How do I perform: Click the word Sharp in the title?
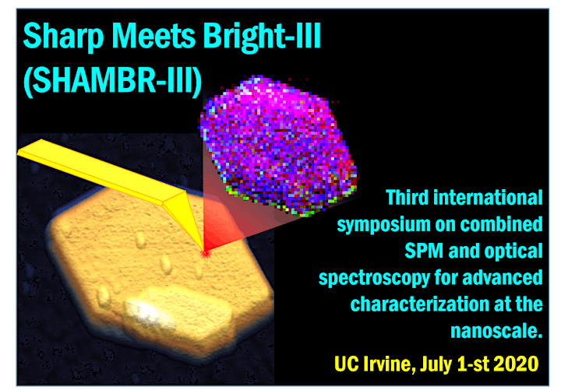point(64,37)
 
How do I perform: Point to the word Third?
point(407,198)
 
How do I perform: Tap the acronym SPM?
point(424,251)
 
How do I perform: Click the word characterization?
point(420,304)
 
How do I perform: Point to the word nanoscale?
point(496,331)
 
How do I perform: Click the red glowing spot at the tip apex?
point(205,253)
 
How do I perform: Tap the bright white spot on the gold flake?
point(146,312)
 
